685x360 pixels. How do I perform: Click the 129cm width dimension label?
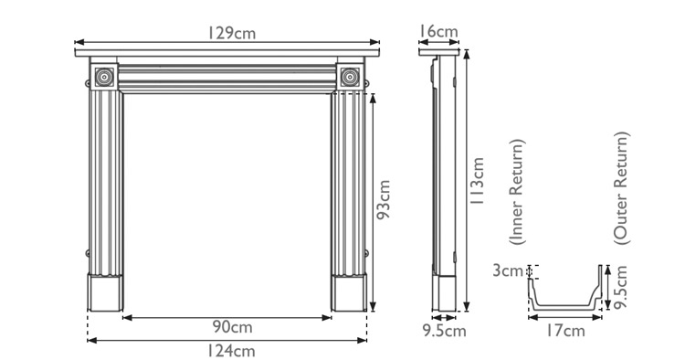[x=230, y=32]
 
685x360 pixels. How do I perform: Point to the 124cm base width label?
[x=230, y=350]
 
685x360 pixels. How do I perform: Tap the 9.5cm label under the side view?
[x=443, y=331]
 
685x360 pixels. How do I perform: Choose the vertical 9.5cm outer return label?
[x=622, y=287]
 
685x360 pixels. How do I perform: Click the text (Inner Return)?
[x=517, y=194]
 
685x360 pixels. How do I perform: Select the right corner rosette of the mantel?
[x=349, y=78]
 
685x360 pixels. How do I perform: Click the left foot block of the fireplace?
[x=106, y=292]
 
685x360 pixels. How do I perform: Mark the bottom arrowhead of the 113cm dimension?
[x=467, y=309]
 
